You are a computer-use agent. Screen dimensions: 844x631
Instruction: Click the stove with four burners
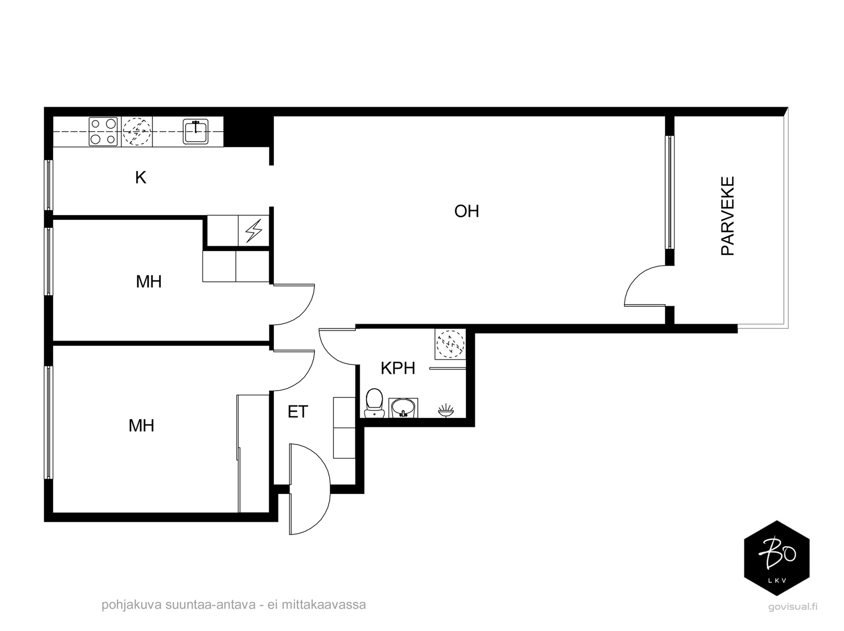103,131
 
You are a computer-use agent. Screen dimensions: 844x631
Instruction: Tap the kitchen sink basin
195,131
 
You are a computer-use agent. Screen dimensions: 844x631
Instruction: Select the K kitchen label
140,178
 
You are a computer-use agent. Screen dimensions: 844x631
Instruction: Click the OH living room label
466,211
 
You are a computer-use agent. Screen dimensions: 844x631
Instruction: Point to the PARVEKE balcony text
727,216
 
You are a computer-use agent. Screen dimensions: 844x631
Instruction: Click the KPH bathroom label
398,368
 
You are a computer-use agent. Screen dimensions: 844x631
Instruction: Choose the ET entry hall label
298,412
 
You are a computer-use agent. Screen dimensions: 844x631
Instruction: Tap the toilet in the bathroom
375,403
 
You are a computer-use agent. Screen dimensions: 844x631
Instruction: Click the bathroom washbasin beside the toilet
403,407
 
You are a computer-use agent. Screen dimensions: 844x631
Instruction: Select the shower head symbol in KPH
446,411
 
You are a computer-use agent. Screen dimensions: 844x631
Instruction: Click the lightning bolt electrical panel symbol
253,230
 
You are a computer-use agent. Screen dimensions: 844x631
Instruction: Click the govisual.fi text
793,607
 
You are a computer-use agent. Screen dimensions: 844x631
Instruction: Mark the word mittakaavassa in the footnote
324,605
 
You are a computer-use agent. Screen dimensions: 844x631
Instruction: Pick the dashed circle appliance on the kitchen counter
137,132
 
